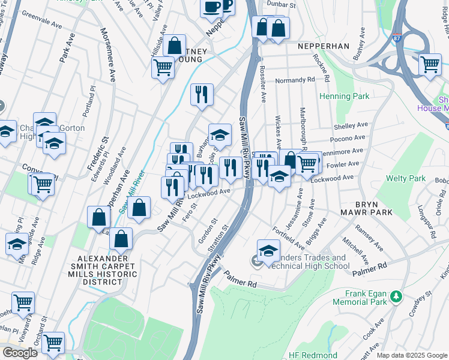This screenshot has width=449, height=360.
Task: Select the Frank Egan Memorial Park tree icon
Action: click(x=396, y=296)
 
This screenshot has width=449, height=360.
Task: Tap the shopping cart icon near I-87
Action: click(x=430, y=64)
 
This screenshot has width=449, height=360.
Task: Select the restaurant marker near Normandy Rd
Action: click(x=202, y=94)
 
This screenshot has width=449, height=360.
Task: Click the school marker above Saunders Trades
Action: click(x=268, y=250)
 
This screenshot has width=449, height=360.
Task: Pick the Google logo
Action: click(x=20, y=353)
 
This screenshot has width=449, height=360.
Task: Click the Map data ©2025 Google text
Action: click(x=412, y=355)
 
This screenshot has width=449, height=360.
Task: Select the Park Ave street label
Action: click(x=68, y=48)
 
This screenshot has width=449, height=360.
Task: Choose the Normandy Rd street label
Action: click(x=295, y=80)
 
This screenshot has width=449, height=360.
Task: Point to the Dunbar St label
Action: click(x=282, y=4)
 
